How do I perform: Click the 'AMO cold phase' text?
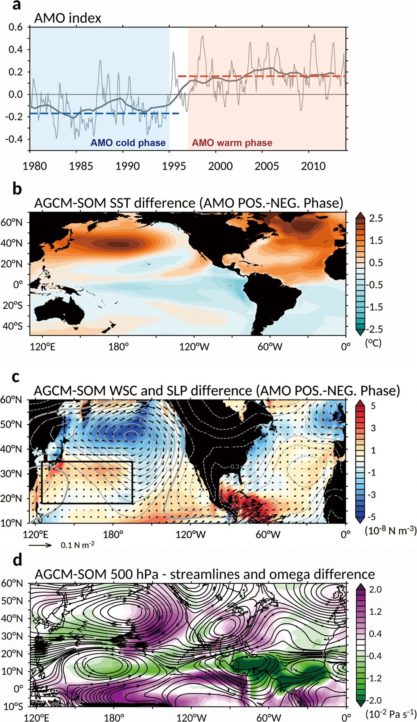coord(128,143)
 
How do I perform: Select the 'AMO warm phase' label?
coord(232,143)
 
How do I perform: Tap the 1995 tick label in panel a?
coord(174,166)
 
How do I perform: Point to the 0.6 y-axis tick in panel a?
coord(16,27)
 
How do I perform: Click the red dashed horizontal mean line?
coord(260,76)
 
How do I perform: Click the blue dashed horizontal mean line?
coord(105,113)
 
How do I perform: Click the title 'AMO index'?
coord(68,18)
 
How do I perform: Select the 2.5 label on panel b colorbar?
coord(376,218)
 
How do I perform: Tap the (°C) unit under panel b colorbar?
coord(373,343)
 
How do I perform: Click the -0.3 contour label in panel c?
coord(235,467)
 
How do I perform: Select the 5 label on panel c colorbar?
coord(373,406)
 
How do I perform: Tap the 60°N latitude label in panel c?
coord(11,400)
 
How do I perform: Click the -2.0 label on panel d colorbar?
coord(374,700)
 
